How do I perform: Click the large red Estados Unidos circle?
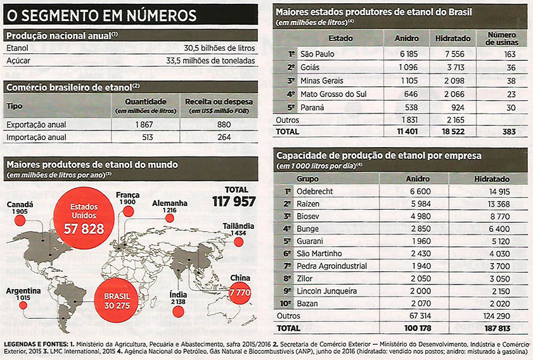[84, 218]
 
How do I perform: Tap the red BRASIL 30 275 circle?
[117, 301]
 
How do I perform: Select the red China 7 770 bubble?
[240, 292]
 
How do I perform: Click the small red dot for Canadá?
[20, 221]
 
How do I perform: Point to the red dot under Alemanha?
[169, 218]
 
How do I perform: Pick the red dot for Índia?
[178, 311]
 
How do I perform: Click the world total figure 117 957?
[234, 202]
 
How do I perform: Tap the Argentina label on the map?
[23, 291]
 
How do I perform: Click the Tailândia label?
[238, 226]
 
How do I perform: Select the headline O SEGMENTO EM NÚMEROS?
[101, 16]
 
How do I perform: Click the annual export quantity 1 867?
[144, 125]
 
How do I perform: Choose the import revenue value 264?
[224, 138]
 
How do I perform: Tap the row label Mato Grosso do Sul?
[333, 94]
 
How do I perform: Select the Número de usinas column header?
[502, 39]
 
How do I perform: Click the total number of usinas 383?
[509, 132]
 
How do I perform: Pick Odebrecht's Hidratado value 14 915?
[499, 192]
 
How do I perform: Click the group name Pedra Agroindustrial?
[331, 266]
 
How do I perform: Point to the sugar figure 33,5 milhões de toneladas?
[210, 61]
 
